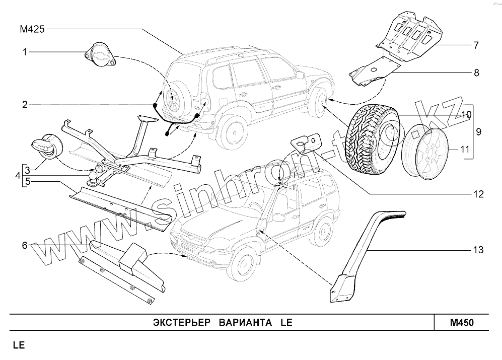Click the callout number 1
[23, 51]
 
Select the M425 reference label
[32, 30]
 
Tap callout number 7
[475, 45]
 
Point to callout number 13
[478, 249]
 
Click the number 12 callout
[477, 193]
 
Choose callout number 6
[24, 245]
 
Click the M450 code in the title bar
[462, 322]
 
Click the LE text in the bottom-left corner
[18, 346]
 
